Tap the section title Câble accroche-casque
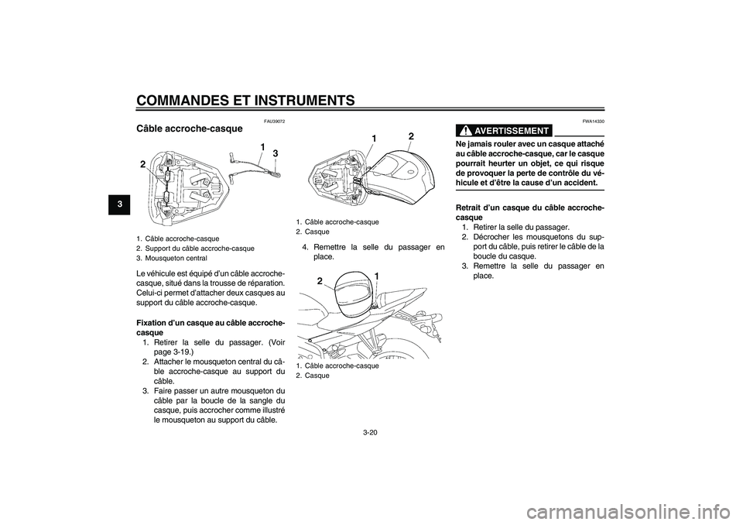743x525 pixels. [x=190, y=128]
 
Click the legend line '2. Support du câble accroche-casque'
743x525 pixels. [x=195, y=248]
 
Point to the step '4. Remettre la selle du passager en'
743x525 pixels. [x=368, y=247]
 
